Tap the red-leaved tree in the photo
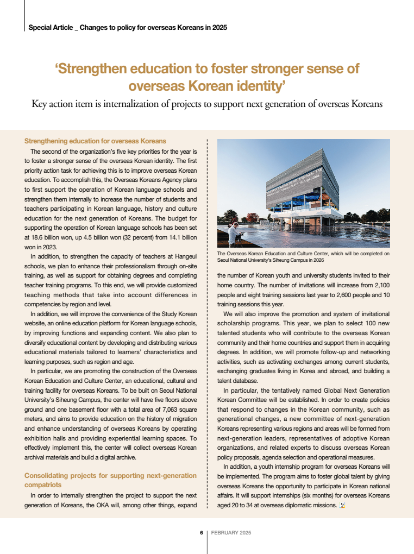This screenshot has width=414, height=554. (x=252, y=218)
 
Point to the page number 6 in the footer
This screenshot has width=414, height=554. (x=201, y=532)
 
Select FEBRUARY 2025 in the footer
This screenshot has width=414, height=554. (x=231, y=532)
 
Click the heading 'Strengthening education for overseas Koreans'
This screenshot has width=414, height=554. (x=95, y=141)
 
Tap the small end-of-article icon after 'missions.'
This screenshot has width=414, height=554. (x=342, y=506)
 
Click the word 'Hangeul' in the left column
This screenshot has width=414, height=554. (x=184, y=255)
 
